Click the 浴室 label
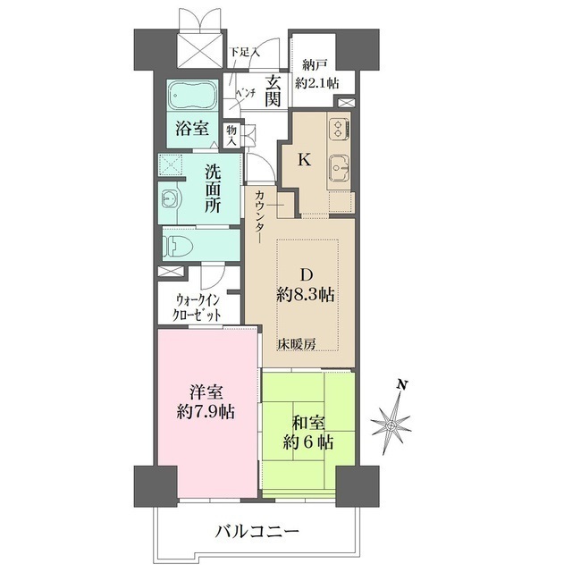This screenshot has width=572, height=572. click(192, 129)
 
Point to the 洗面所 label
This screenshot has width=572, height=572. click(212, 187)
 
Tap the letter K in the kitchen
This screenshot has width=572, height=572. click(304, 161)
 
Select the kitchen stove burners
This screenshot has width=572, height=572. click(339, 130)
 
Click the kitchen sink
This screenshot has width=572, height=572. click(340, 167)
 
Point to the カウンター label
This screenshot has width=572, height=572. click(259, 216)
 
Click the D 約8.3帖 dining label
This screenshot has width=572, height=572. click(305, 285)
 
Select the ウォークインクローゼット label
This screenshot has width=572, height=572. click(198, 307)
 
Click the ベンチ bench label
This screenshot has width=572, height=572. click(247, 92)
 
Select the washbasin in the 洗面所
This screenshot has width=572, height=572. click(171, 198)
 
